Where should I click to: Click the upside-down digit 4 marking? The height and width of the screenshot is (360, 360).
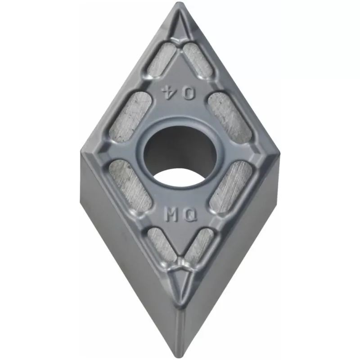tap(169, 93)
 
